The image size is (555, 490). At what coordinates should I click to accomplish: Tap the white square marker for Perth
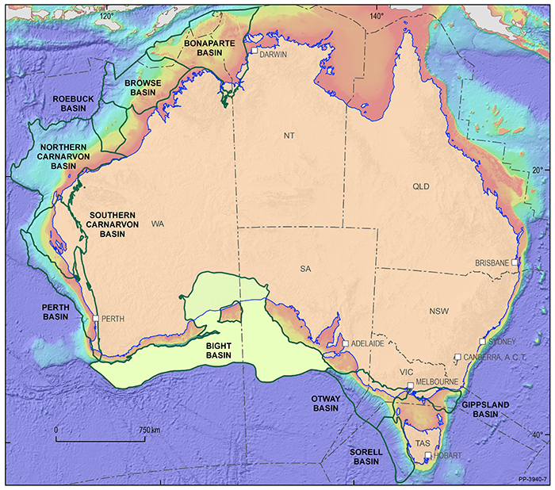(94, 318)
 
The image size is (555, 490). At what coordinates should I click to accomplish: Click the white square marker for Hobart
(427, 455)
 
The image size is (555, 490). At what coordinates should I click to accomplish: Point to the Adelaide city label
(367, 344)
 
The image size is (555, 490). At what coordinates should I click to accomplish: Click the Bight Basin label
(213, 351)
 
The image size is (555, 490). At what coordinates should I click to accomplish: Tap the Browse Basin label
(143, 86)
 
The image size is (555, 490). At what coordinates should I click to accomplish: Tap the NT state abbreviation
(289, 136)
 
